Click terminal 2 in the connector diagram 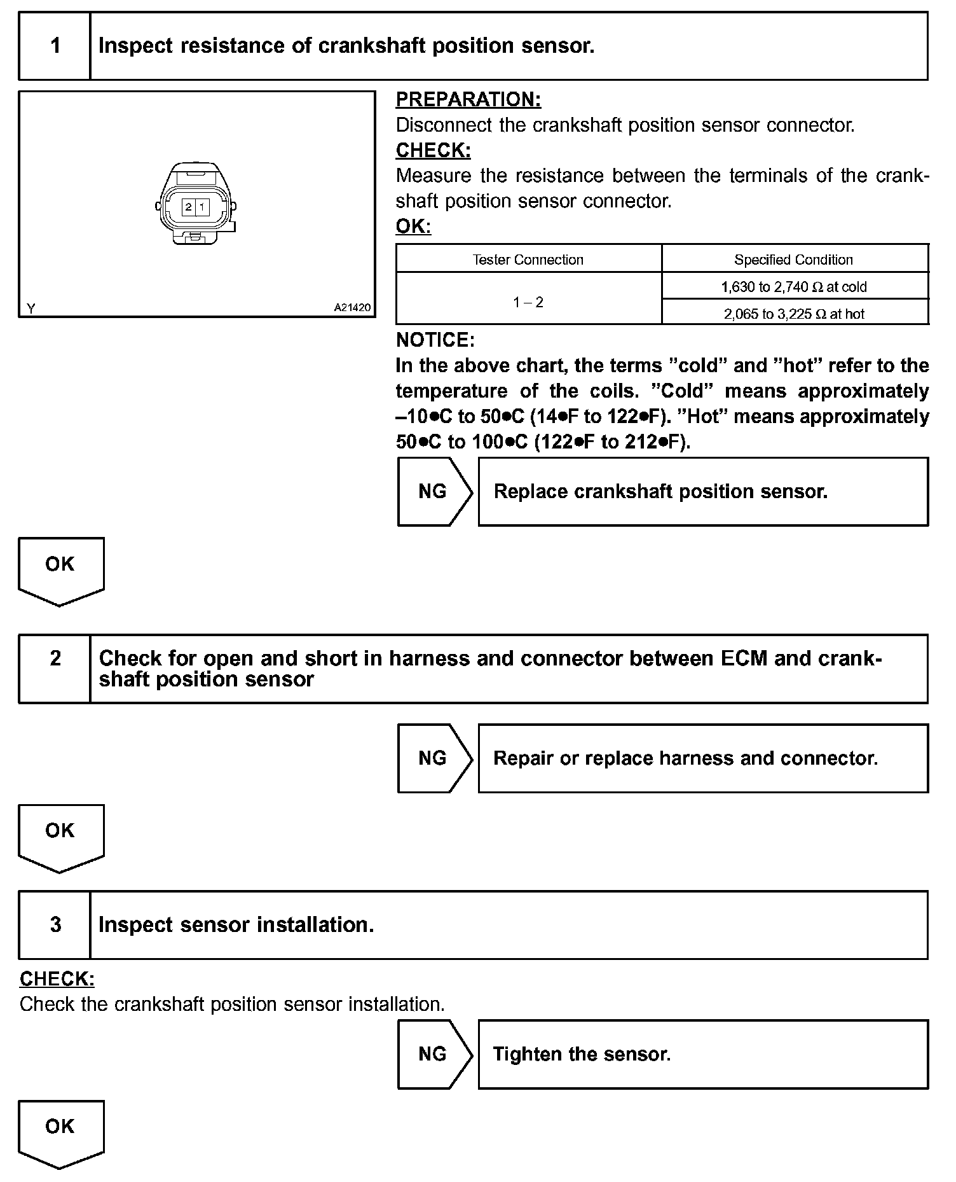point(188,207)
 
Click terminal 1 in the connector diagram point(201,207)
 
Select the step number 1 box point(55,46)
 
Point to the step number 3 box point(55,924)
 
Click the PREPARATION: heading point(468,100)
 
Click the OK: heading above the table point(413,226)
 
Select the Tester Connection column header point(528,260)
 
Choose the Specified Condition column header point(793,260)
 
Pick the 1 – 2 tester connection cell point(528,302)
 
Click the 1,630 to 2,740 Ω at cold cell point(793,287)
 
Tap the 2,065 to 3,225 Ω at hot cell point(793,314)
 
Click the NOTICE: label point(435,340)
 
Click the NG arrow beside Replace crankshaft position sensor point(434,492)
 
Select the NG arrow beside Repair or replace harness point(434,758)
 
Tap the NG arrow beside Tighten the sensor point(434,1054)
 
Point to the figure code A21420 point(352,308)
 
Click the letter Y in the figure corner point(31,309)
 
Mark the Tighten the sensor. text point(582,1054)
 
